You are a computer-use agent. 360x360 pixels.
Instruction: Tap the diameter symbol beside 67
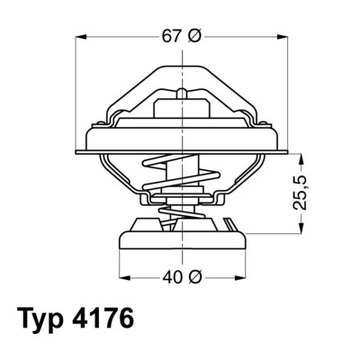tap(194, 36)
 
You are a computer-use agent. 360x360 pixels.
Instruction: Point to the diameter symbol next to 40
tap(194, 276)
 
